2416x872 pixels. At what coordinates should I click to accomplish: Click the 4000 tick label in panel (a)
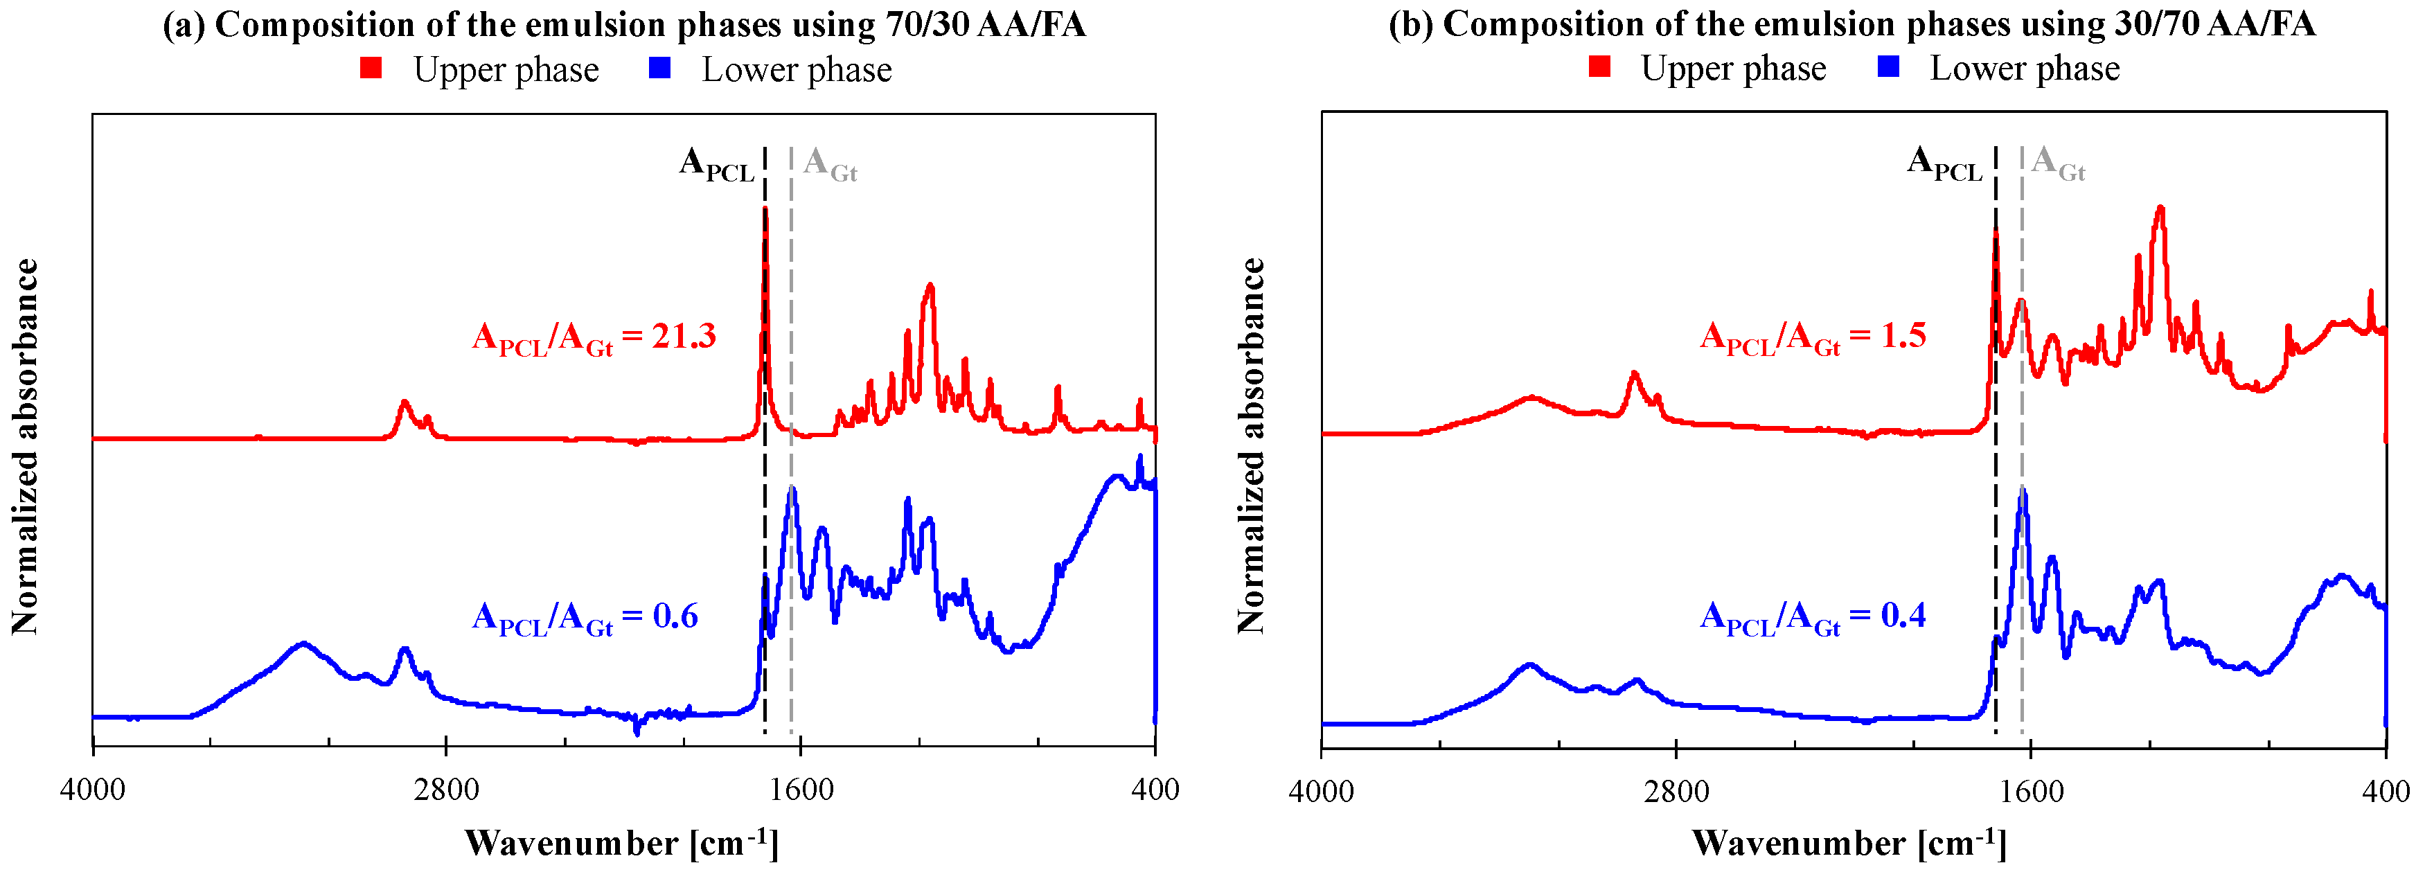coord(92,790)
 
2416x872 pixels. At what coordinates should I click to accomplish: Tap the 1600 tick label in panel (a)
coord(799,790)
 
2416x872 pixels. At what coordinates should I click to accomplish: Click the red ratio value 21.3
coord(684,336)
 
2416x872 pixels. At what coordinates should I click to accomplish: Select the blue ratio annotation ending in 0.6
coord(585,617)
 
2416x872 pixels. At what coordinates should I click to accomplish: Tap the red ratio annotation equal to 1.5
coord(1812,336)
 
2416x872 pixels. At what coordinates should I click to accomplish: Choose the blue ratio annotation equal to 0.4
coord(1812,616)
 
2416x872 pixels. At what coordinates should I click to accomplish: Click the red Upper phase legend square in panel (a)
coord(371,67)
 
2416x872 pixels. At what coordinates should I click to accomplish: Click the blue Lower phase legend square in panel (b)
coord(1889,66)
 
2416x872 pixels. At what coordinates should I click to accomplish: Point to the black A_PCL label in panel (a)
coord(716,164)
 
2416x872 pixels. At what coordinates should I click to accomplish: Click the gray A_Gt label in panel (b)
coord(2058,164)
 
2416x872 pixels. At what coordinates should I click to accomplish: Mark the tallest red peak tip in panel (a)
coord(765,208)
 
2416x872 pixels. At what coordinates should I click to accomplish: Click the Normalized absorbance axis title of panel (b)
coord(1250,445)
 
